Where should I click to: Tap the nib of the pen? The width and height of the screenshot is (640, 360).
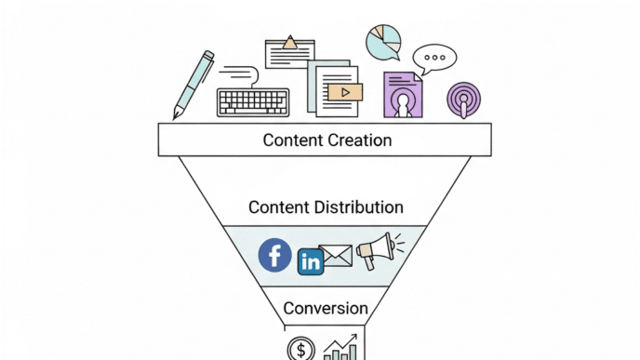pos(176,114)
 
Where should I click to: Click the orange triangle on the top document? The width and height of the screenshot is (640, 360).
pos(290,42)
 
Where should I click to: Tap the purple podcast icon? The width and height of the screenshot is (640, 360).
pos(464,99)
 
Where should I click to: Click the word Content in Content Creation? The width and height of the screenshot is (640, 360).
pos(293,140)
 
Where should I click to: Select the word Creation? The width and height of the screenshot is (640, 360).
pos(359,140)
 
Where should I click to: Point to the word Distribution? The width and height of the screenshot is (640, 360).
pos(358,207)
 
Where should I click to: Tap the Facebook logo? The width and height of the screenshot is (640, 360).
pos(274,254)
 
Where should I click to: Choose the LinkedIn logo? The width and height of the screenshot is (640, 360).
pos(310,262)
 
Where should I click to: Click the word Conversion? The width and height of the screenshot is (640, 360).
pos(326,308)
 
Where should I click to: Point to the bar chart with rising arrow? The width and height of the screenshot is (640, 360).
pos(340,348)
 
